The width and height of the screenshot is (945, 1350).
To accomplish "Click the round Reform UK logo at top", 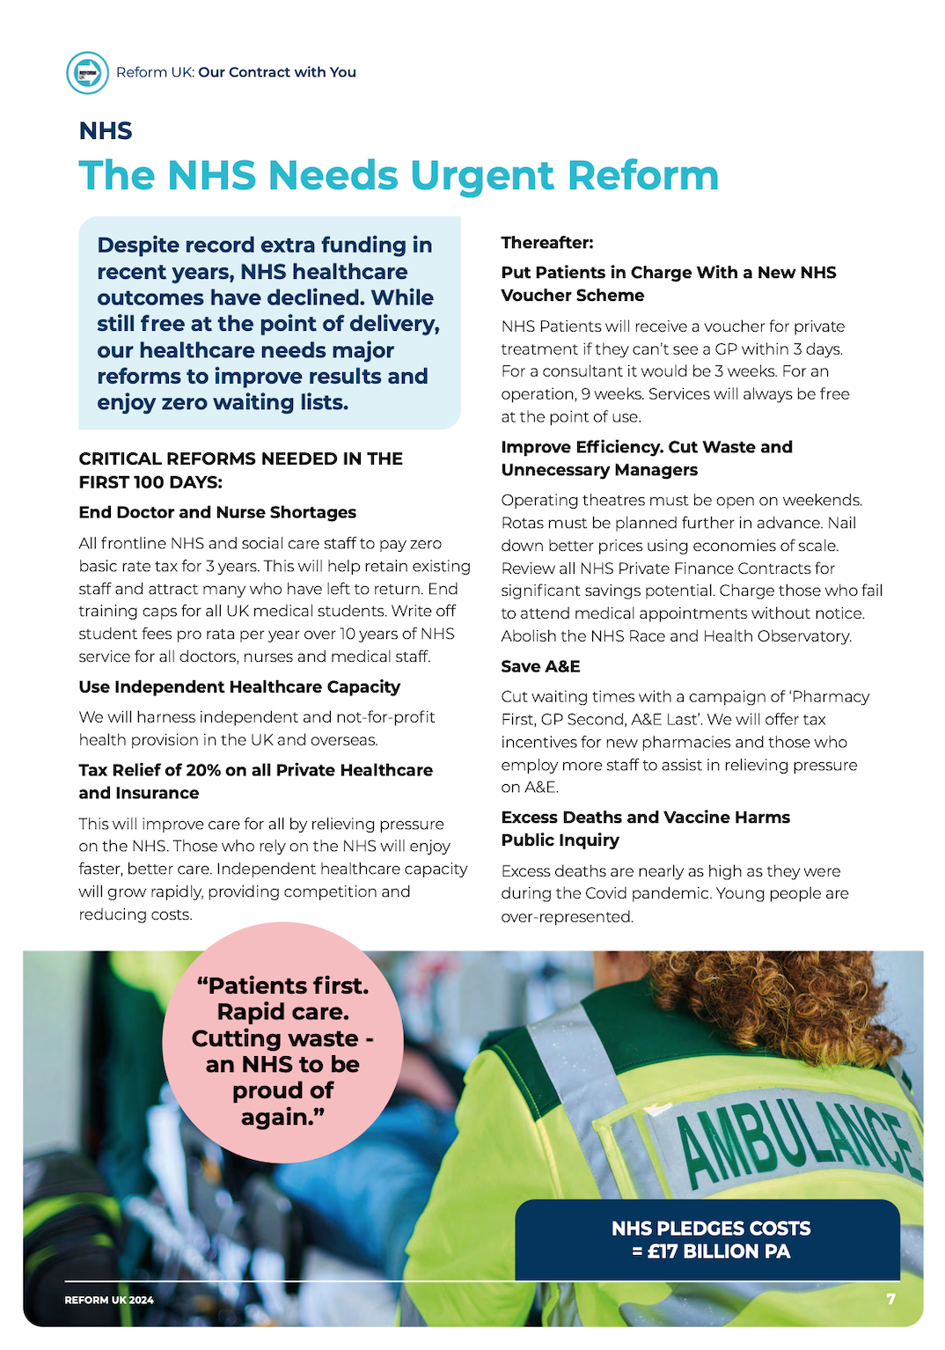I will pyautogui.click(x=87, y=72).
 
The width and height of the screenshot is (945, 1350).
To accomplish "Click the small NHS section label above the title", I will pyautogui.click(x=106, y=131).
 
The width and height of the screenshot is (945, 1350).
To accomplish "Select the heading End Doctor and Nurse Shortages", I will pyautogui.click(x=217, y=512).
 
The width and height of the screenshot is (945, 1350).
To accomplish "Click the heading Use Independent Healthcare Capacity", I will pyautogui.click(x=239, y=686).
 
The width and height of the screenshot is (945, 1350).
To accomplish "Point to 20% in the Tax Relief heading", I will pyautogui.click(x=203, y=770).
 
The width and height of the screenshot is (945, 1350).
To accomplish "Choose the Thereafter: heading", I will pyautogui.click(x=547, y=242).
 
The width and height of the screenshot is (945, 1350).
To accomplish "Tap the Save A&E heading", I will pyautogui.click(x=540, y=666).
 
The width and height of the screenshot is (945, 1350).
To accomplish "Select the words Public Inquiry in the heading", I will pyautogui.click(x=560, y=840).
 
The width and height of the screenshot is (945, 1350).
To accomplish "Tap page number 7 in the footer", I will pyautogui.click(x=890, y=1299).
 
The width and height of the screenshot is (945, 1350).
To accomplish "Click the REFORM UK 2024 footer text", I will pyautogui.click(x=109, y=1300).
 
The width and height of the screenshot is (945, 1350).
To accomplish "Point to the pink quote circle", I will pyautogui.click(x=282, y=1043).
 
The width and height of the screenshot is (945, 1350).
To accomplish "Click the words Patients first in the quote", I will pyautogui.click(x=282, y=986).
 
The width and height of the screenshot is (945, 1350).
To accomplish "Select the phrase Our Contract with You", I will pyautogui.click(x=277, y=72).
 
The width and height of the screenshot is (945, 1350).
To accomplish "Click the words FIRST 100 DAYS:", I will pyautogui.click(x=150, y=481).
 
